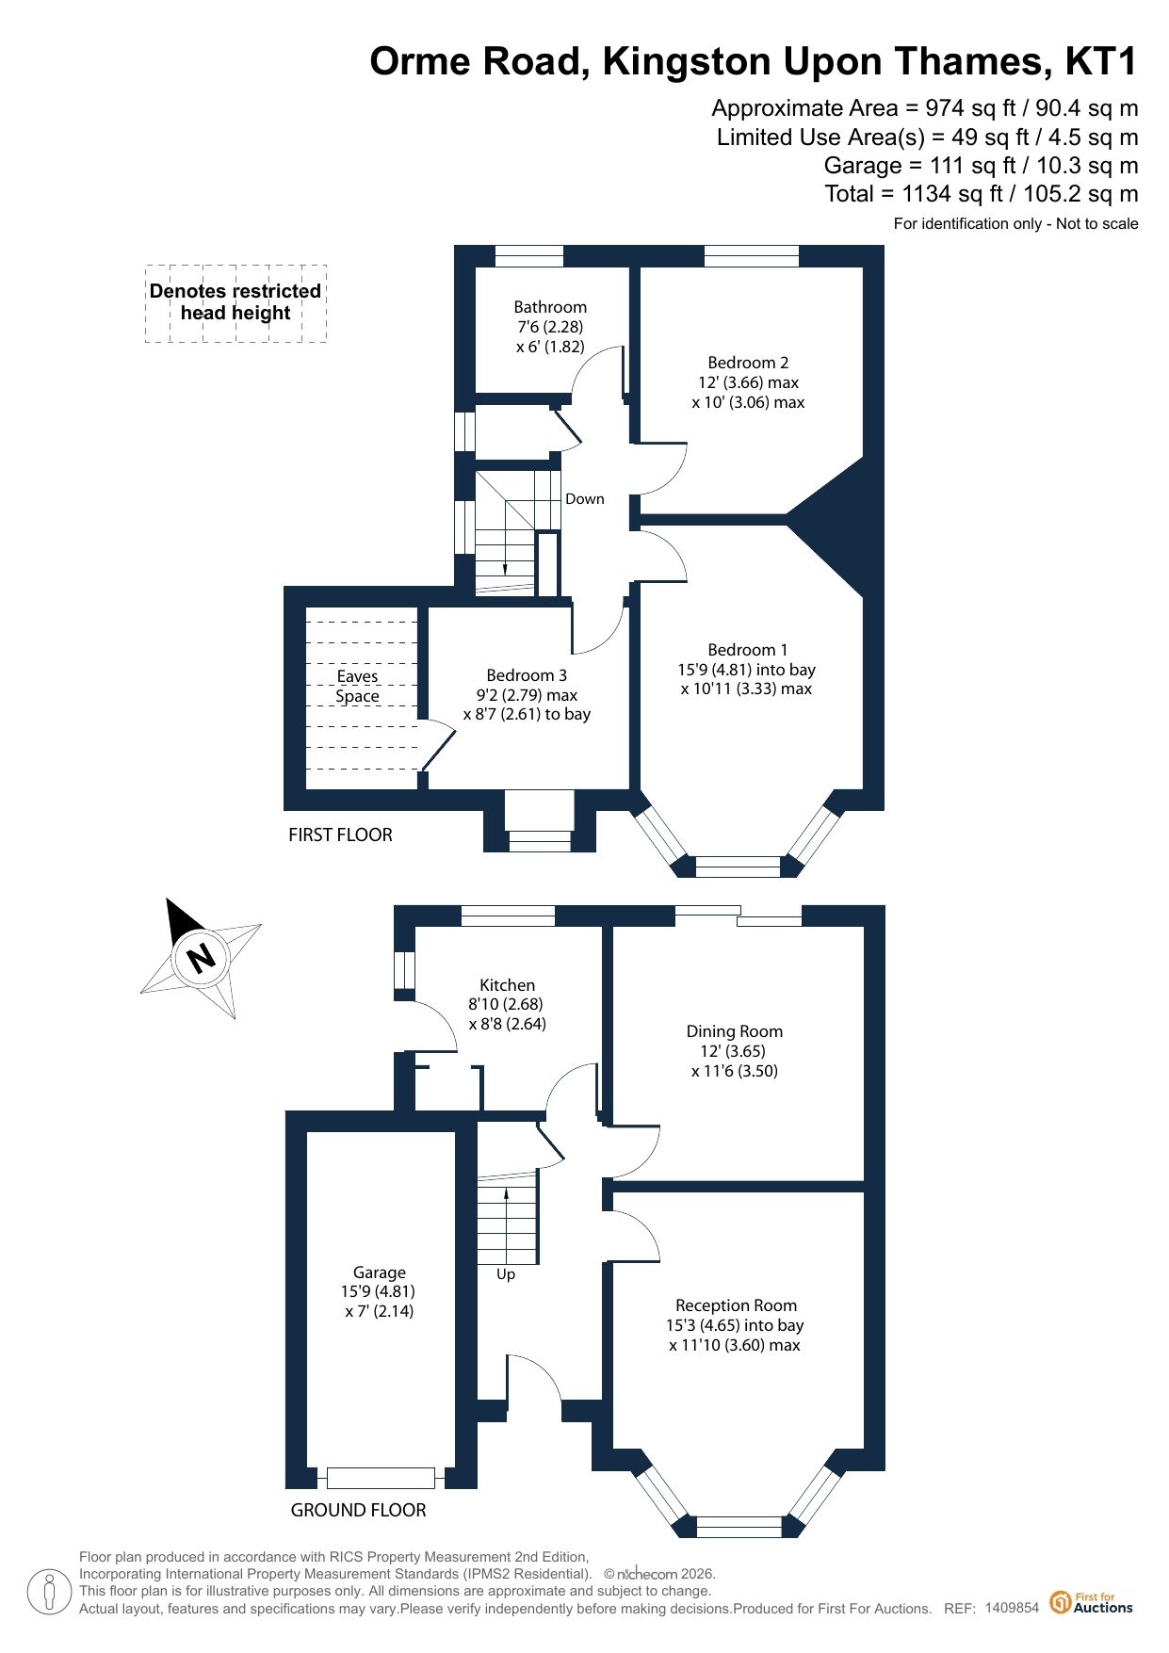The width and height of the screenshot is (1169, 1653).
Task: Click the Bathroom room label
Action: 550,307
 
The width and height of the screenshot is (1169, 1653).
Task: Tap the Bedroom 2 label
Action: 748,363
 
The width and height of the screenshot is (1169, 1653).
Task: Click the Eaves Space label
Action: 358,687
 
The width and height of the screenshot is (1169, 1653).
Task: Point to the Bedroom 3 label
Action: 527,675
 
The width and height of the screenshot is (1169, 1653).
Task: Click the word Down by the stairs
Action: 585,499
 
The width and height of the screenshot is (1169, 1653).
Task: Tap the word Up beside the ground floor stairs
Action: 506,1274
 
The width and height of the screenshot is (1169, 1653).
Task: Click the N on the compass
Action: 201,958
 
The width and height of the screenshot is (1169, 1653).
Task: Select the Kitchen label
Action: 507,985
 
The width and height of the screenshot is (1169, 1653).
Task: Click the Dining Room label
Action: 735,1031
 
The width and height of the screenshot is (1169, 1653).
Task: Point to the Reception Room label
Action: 736,1305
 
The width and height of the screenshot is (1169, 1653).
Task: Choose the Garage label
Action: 380,1272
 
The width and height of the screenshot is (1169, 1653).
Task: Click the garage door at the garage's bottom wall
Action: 382,1478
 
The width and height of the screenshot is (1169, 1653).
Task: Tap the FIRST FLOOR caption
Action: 340,835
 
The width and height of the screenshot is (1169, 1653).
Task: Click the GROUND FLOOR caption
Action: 358,1510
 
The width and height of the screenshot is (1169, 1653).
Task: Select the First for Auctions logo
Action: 1092,1602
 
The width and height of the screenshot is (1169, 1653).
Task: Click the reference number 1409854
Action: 1012,1608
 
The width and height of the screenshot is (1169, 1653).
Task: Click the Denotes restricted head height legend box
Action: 235,302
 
